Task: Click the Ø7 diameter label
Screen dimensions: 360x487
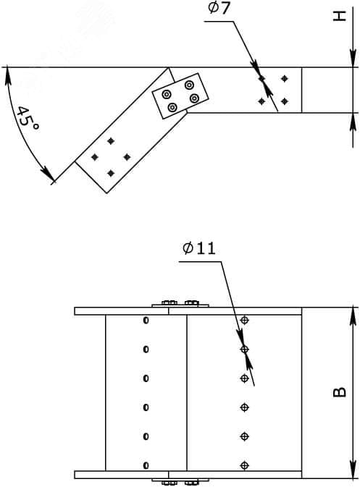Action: (219, 8)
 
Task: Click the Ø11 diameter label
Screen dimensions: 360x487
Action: (199, 248)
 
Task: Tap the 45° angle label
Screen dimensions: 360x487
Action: (28, 119)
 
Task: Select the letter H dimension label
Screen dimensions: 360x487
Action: (340, 16)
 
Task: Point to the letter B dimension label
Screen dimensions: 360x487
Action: (340, 392)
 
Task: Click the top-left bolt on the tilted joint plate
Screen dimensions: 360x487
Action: (167, 94)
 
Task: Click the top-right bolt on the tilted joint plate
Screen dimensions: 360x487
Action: (189, 85)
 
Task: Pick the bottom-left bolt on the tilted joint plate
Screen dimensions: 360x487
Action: (172, 108)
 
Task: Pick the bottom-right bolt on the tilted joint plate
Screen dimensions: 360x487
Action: (194, 98)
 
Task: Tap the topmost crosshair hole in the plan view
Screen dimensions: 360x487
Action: (245, 320)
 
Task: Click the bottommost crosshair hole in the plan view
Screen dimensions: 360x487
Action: (245, 465)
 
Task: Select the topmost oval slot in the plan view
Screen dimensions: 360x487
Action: (146, 321)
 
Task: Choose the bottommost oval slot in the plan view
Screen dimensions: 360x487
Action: (146, 465)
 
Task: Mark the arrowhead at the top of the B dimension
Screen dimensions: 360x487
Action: (353, 316)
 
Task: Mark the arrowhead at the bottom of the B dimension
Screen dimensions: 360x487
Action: (353, 470)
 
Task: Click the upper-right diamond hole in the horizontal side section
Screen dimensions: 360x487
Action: (284, 79)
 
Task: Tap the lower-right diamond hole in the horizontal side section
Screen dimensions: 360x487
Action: (284, 101)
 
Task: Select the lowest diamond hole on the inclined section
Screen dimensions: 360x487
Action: (111, 173)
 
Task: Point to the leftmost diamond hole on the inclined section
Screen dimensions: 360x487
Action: (95, 157)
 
